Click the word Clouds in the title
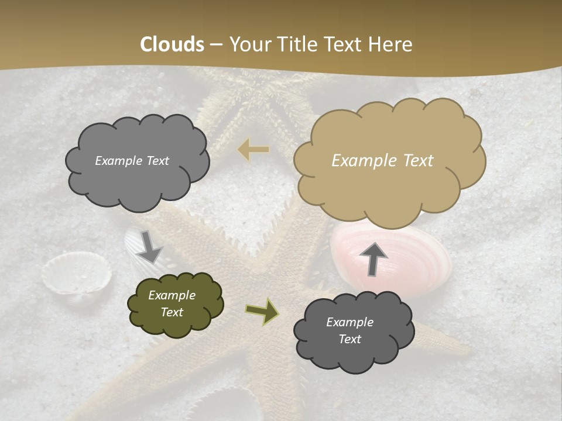click(172, 44)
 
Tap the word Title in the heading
click(295, 44)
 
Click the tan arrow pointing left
click(253, 150)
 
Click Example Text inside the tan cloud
click(382, 161)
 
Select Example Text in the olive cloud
click(172, 303)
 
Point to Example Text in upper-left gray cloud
click(132, 161)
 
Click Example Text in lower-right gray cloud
click(349, 330)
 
